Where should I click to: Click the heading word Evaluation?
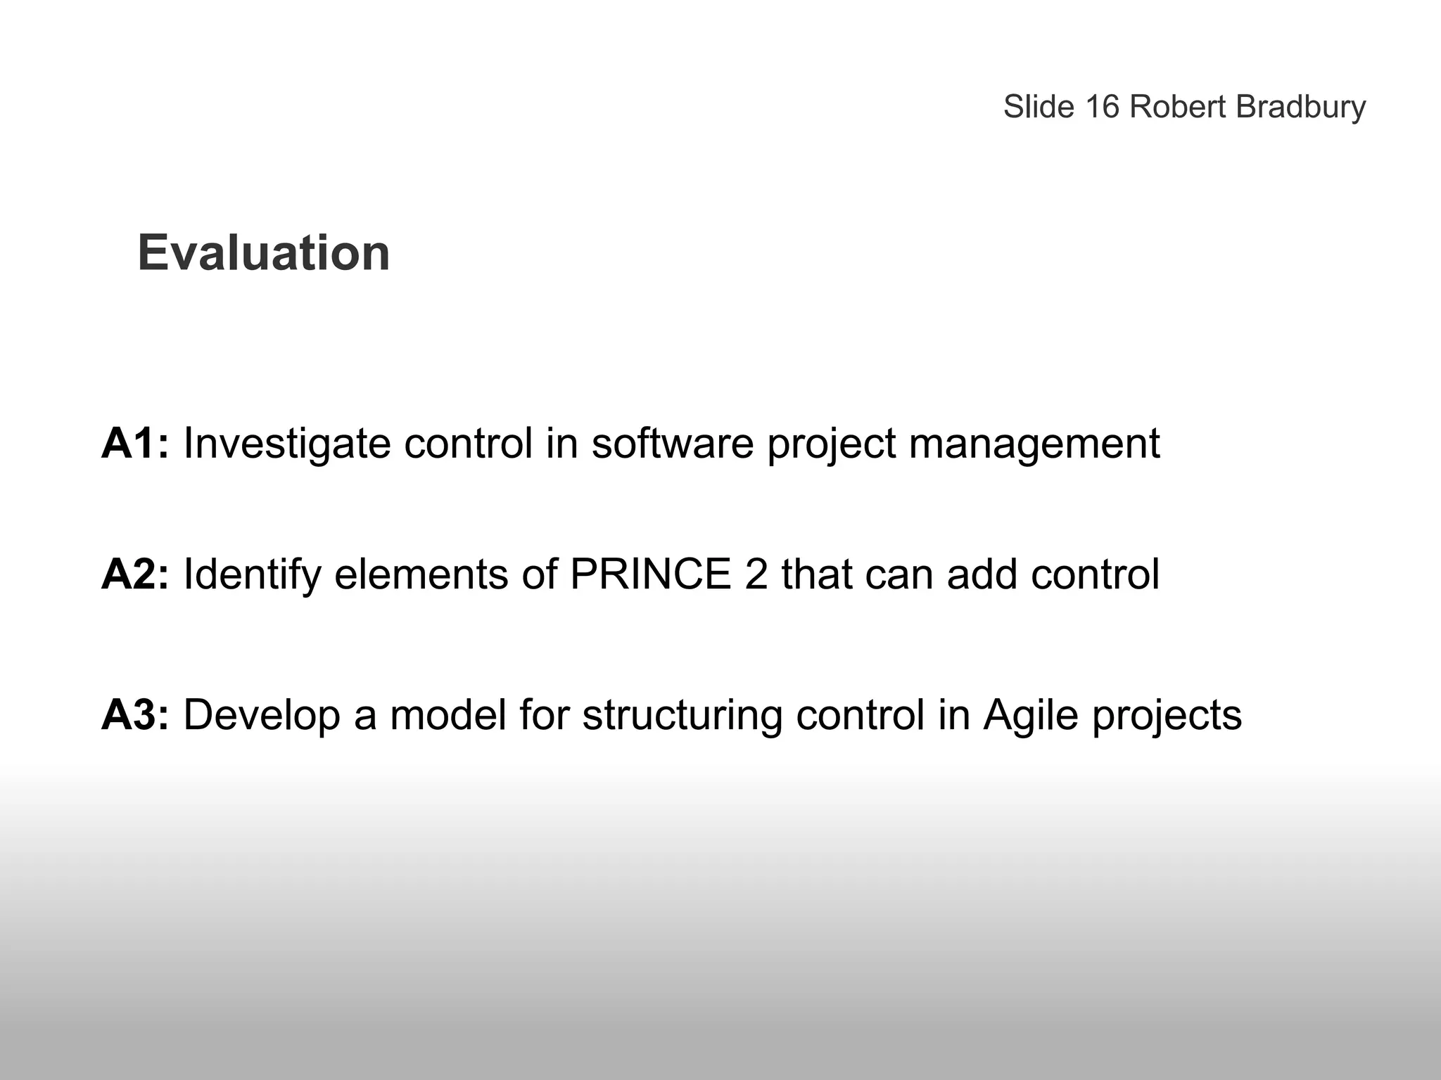pos(263,253)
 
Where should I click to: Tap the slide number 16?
pos(1102,108)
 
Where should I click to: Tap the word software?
pos(672,444)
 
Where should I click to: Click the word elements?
pos(421,574)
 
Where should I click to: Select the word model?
pos(448,715)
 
